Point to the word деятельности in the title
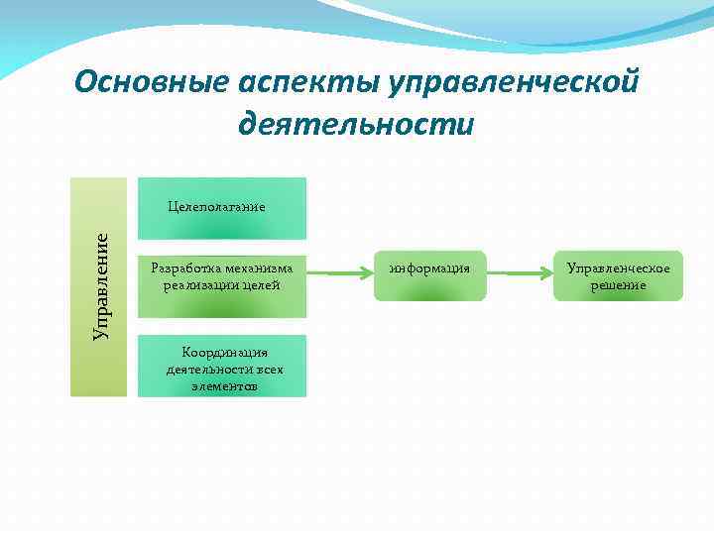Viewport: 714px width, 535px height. point(356,126)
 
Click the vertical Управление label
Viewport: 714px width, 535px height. point(102,286)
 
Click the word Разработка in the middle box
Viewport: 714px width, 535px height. point(182,267)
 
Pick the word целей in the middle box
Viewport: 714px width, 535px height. point(263,285)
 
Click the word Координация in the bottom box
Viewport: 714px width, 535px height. point(224,352)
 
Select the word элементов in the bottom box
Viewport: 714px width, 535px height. point(224,385)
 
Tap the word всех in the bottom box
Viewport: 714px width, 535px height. point(267,369)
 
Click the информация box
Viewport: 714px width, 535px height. point(429,274)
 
